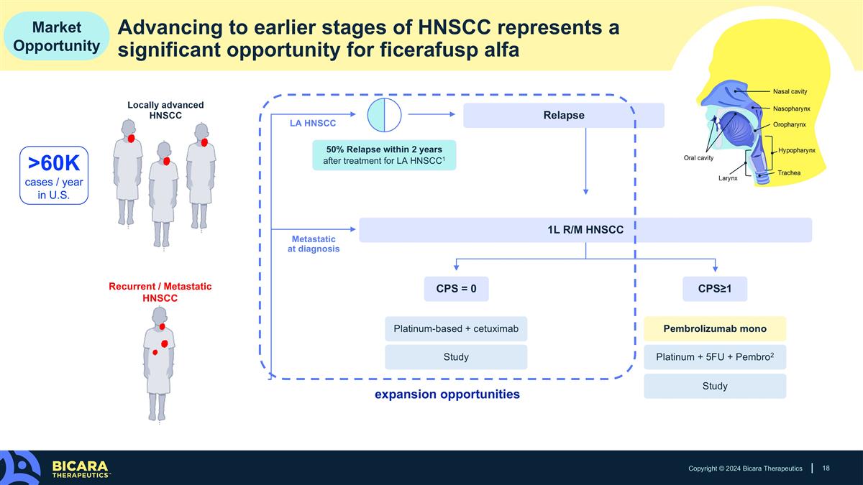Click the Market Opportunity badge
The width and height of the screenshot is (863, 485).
(57, 36)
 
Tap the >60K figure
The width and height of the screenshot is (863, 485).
(54, 163)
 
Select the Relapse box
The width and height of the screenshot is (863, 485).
(564, 115)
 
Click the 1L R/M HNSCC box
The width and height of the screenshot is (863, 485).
(585, 230)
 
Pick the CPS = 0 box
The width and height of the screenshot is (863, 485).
(456, 289)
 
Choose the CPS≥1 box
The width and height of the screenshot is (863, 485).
(715, 289)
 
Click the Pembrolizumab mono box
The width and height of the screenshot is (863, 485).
(715, 329)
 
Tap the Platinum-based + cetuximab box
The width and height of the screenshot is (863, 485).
(456, 329)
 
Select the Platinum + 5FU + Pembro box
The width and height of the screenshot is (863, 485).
(715, 357)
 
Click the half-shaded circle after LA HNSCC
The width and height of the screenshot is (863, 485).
(384, 115)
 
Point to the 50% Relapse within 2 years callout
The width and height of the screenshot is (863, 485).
(384, 155)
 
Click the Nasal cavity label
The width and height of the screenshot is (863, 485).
(790, 92)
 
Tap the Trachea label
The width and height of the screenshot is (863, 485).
(789, 173)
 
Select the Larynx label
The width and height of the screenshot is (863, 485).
(728, 178)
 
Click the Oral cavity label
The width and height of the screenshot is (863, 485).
(698, 158)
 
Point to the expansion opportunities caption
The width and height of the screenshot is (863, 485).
(447, 394)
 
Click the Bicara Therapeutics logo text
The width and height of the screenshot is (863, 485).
(80, 469)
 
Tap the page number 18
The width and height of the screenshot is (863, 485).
(826, 468)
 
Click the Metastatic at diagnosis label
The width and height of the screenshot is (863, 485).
(314, 244)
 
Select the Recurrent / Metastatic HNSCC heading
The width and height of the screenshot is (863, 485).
(160, 292)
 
